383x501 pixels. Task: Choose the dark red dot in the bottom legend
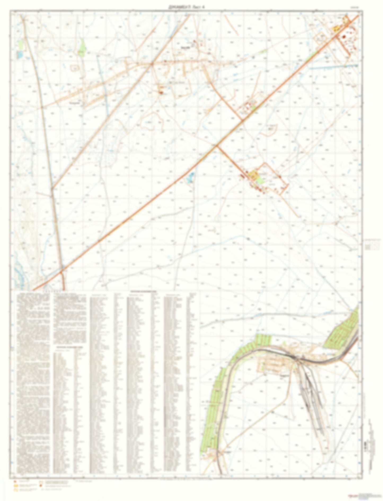pos(40,486)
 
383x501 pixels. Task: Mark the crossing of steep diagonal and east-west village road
pos(151,64)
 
